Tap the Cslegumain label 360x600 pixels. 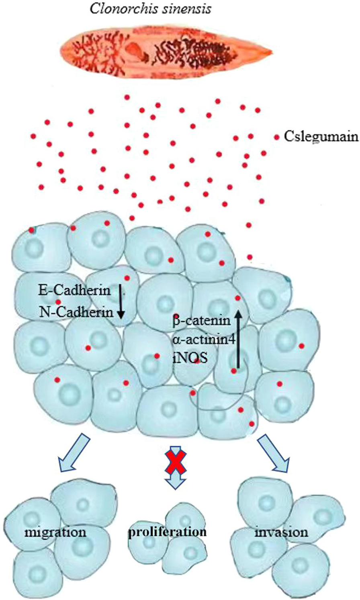pyautogui.click(x=321, y=137)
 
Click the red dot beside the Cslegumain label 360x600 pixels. pyautogui.click(x=276, y=137)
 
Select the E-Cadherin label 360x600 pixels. pyautogui.click(x=75, y=290)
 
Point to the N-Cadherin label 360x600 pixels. pyautogui.click(x=76, y=312)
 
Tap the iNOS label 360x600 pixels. pyautogui.click(x=190, y=357)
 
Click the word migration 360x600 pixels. pyautogui.click(x=55, y=532)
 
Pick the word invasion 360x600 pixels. pyautogui.click(x=281, y=532)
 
